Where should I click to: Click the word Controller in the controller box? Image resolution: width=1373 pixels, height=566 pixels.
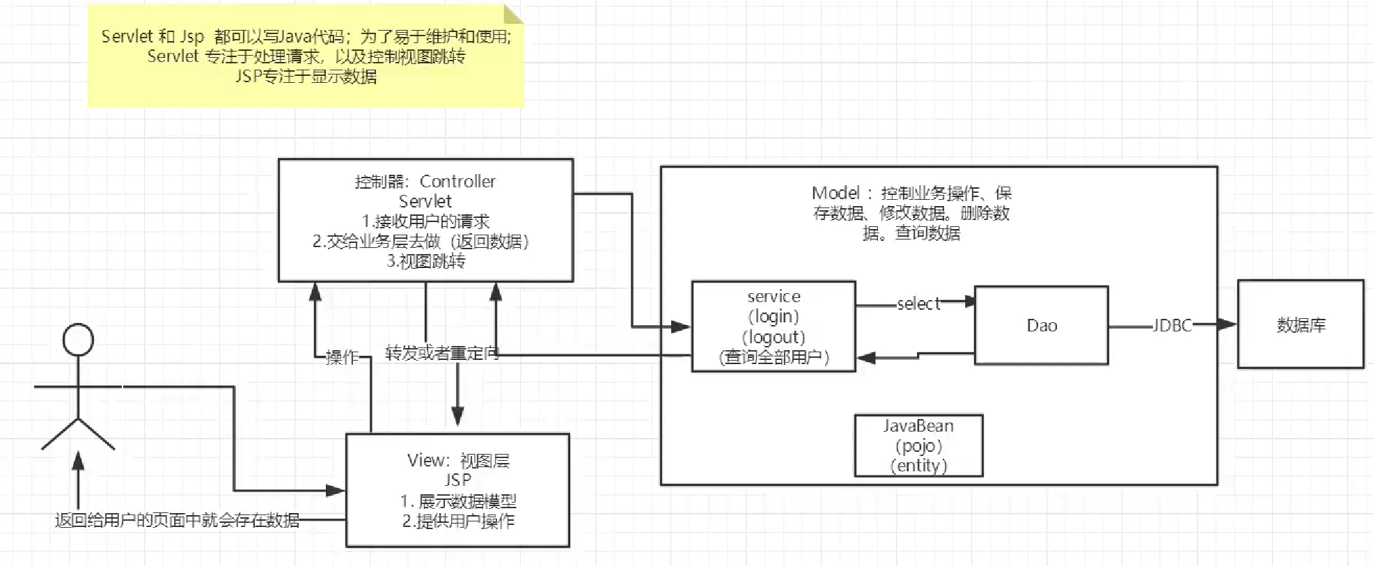[x=457, y=182]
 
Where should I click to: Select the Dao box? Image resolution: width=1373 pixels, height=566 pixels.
[x=1041, y=325]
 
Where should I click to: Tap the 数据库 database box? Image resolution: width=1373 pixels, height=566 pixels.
[x=1300, y=324]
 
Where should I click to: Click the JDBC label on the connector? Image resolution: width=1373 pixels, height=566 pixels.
[x=1172, y=325]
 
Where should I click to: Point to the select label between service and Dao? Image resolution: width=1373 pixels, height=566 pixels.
[x=918, y=304]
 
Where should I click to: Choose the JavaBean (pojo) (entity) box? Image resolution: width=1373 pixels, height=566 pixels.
[x=918, y=446]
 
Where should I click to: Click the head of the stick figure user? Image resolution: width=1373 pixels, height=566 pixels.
[x=78, y=340]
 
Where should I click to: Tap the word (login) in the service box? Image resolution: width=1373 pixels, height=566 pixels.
[x=774, y=317]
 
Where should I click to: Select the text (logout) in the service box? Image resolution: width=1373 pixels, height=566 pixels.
[x=774, y=338]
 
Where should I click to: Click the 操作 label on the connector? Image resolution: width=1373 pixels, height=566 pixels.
[x=342, y=357]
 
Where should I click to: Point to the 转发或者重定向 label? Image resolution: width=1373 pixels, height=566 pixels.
[x=442, y=353]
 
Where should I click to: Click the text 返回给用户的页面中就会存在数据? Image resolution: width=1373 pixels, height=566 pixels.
[x=178, y=520]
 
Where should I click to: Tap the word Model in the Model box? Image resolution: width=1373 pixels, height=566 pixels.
[x=835, y=193]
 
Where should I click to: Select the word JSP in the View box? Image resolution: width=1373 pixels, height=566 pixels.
[x=457, y=480]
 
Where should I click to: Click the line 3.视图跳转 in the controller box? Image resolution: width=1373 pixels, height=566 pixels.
[x=425, y=261]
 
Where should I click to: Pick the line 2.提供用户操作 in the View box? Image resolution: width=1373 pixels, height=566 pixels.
[x=458, y=521]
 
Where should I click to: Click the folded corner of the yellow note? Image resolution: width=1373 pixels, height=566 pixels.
[x=513, y=14]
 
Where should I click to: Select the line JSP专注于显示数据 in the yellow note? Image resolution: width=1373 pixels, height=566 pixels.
[x=306, y=76]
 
